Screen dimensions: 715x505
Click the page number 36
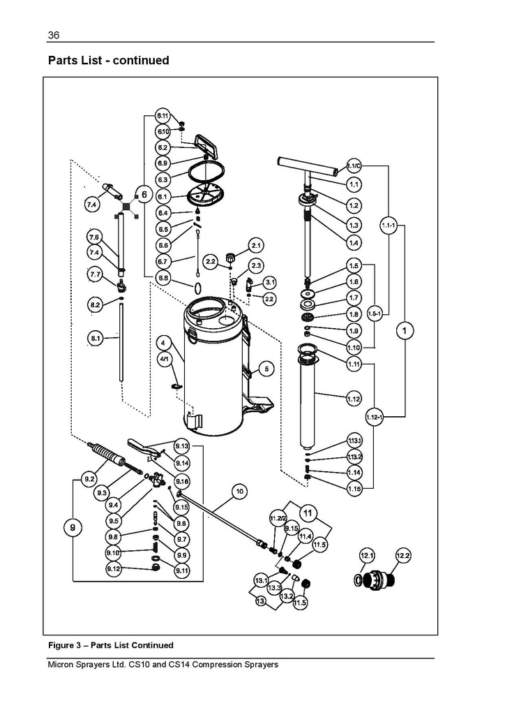tap(53, 36)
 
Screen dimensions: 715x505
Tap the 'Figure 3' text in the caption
tap(66, 644)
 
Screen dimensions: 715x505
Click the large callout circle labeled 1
tap(405, 330)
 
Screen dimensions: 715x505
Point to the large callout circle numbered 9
tap(73, 529)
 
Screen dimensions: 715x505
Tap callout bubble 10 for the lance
tap(239, 492)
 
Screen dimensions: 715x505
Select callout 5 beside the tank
tap(266, 368)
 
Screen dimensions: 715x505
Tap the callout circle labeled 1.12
tap(354, 399)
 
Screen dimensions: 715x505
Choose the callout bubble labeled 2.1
tap(255, 245)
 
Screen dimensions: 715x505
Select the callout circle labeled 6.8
tap(163, 278)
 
